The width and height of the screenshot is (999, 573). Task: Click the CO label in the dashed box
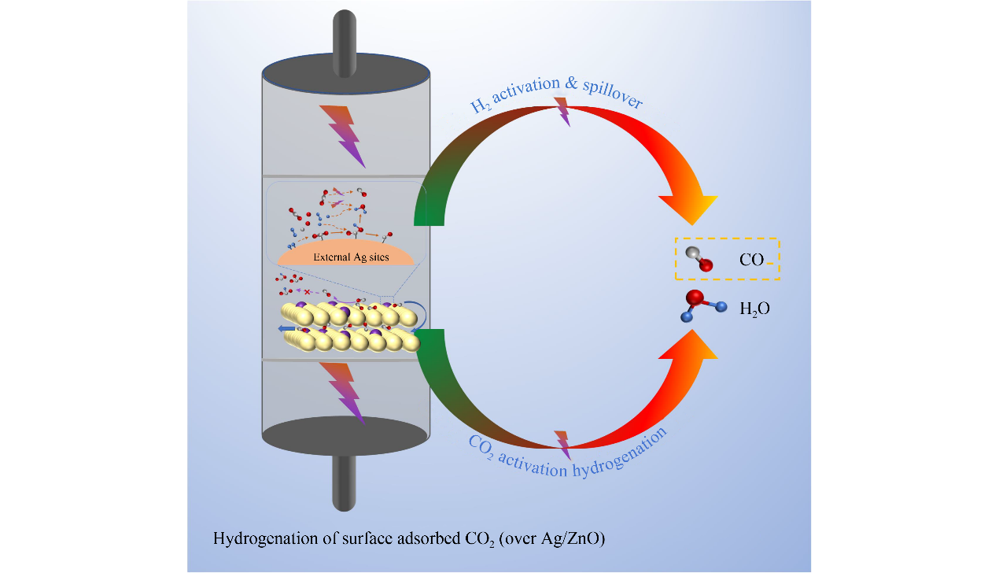coord(751,260)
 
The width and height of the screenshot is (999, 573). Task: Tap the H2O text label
coord(754,309)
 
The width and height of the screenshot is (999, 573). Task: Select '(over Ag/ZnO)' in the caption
coord(559,540)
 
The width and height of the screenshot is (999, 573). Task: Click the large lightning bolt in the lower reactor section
coord(345,392)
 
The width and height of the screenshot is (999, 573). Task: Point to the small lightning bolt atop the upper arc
coord(562,111)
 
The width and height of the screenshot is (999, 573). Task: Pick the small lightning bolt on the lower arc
coord(562,444)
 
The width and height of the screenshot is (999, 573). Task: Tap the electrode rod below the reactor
coord(345,481)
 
